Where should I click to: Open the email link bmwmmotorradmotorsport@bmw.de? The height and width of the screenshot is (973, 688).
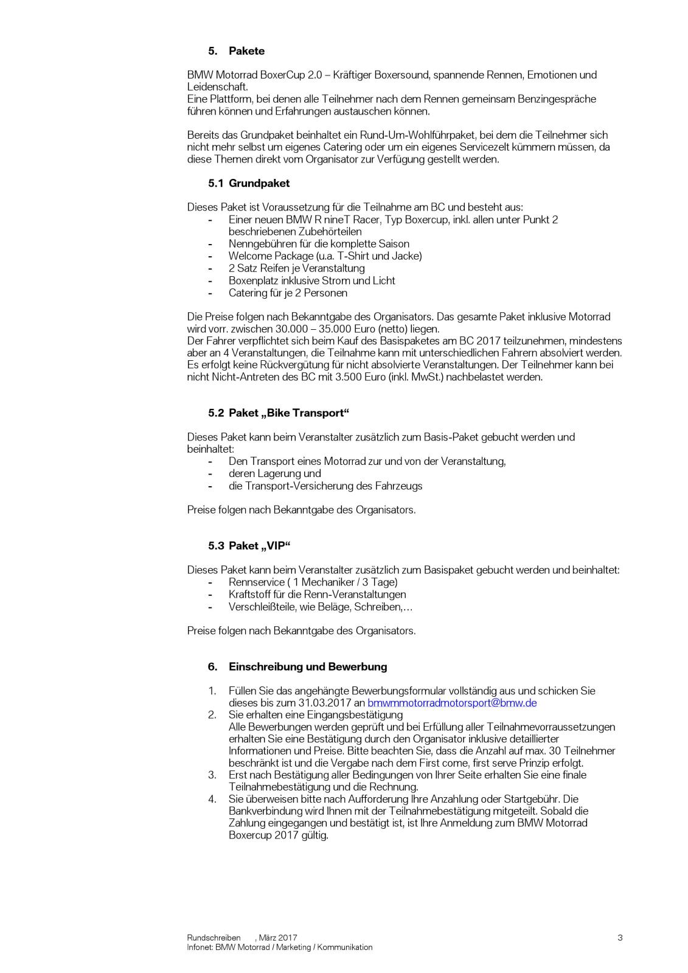(x=452, y=703)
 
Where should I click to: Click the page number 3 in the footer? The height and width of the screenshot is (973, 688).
(x=620, y=938)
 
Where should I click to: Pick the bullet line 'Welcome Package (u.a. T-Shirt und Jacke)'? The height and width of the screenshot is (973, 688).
(x=325, y=256)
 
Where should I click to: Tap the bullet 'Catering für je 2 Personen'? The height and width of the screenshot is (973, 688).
(x=288, y=293)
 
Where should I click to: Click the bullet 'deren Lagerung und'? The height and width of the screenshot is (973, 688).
(x=274, y=473)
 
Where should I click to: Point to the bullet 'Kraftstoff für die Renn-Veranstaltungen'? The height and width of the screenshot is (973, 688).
(x=317, y=595)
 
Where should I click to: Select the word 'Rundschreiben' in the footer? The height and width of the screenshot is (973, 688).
(x=214, y=938)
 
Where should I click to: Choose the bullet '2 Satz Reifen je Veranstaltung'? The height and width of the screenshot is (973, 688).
(x=296, y=268)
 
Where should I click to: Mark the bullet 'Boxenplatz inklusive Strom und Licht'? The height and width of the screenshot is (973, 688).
(x=311, y=281)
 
